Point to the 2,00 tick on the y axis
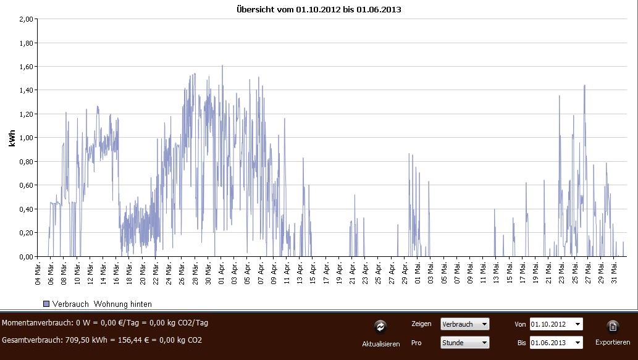(24, 19)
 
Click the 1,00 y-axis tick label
(24, 138)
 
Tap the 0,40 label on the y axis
(24, 209)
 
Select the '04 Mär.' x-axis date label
(38, 273)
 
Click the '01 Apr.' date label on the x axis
(222, 273)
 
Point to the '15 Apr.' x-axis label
(313, 273)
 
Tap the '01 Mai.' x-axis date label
(418, 273)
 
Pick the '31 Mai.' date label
(615, 273)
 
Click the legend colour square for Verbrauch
(46, 304)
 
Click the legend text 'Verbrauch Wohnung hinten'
(102, 304)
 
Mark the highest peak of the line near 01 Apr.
(222, 65)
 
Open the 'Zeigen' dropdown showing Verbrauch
(464, 324)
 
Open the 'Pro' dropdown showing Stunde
(464, 342)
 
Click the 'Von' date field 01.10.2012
(555, 324)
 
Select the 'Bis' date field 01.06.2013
(555, 342)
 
